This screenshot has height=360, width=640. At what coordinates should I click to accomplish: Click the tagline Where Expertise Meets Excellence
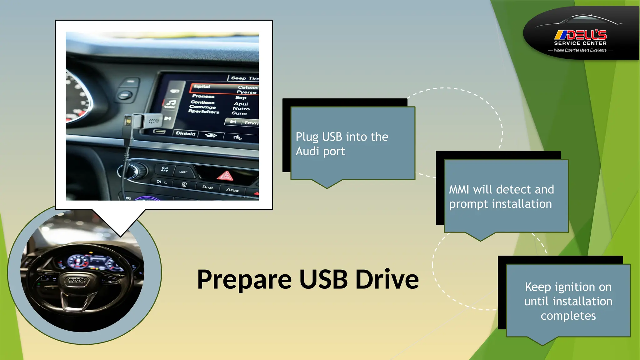coord(580,50)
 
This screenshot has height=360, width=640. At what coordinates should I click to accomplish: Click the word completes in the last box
coord(568,316)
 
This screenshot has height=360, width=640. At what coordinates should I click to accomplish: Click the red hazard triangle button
coord(225,176)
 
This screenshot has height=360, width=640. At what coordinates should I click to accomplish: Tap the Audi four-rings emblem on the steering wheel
coord(77,280)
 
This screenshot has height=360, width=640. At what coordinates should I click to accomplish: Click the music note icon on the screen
coord(171,103)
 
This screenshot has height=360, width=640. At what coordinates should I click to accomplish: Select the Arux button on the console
coord(232,190)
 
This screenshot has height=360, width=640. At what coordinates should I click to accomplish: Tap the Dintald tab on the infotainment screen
coord(185,133)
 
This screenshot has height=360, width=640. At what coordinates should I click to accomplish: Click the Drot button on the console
coord(207,187)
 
